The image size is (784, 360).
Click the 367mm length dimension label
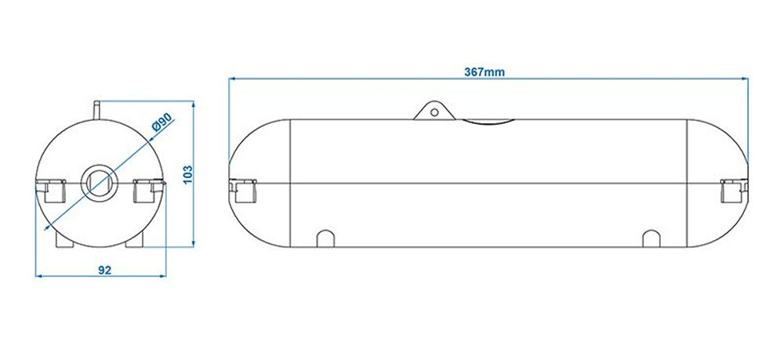485,71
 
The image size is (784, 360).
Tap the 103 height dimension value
186,174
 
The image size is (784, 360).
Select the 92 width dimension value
103,270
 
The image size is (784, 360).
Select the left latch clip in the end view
50,190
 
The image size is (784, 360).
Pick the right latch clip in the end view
149,190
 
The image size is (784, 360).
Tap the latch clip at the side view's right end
732,190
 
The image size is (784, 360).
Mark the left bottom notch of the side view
325,238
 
